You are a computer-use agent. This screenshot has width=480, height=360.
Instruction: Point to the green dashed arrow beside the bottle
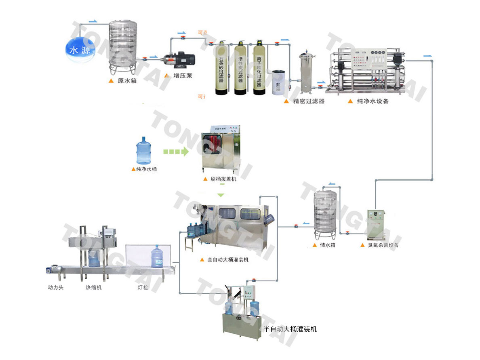[x=176, y=152]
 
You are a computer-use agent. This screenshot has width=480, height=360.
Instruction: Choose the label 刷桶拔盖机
[x=223, y=179]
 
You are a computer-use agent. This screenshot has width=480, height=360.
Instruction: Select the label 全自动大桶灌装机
[x=228, y=260]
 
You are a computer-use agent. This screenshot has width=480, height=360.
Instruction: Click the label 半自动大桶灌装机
[x=290, y=329]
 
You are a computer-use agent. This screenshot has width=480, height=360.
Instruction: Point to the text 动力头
[x=56, y=288]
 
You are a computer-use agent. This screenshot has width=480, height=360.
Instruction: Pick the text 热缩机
[x=93, y=288]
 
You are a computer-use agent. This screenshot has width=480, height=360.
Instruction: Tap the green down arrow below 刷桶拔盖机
[x=220, y=195]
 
